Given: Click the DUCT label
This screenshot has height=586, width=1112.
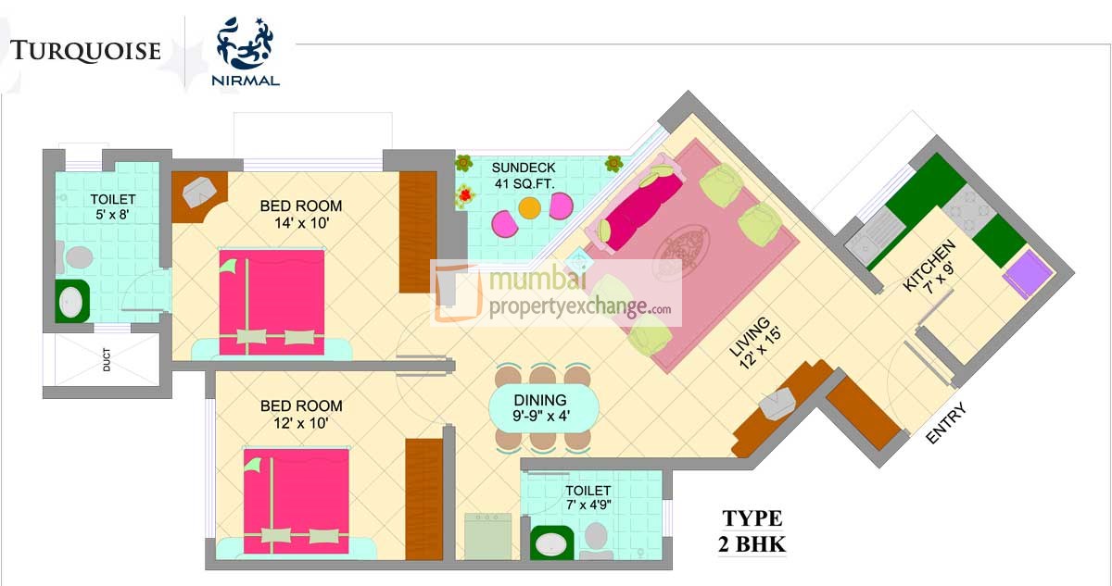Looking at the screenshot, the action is click(x=107, y=359).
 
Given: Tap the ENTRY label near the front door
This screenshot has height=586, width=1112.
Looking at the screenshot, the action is click(x=946, y=423).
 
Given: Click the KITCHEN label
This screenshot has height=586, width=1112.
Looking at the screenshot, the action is click(x=928, y=265).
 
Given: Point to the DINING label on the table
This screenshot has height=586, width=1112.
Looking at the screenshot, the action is click(x=540, y=400).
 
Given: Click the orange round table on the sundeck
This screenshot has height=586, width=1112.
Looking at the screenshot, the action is click(x=530, y=208).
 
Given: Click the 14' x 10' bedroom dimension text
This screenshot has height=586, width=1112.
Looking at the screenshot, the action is click(x=301, y=223).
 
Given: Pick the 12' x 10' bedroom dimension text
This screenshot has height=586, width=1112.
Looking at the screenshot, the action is click(x=301, y=423).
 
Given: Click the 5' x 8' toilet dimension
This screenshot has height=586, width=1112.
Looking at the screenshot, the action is click(x=113, y=215).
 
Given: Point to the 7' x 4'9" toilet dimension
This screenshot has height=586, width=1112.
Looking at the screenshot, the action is click(x=588, y=505).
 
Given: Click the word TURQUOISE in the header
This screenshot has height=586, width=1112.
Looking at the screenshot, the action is click(x=85, y=51).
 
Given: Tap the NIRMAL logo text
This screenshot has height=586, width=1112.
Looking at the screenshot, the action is click(x=246, y=81).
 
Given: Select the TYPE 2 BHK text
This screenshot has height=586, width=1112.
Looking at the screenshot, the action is click(x=752, y=531).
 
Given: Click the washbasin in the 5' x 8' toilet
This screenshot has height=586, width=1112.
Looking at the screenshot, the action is click(x=71, y=302).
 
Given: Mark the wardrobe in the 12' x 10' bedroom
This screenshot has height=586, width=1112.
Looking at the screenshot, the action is click(x=424, y=499).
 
